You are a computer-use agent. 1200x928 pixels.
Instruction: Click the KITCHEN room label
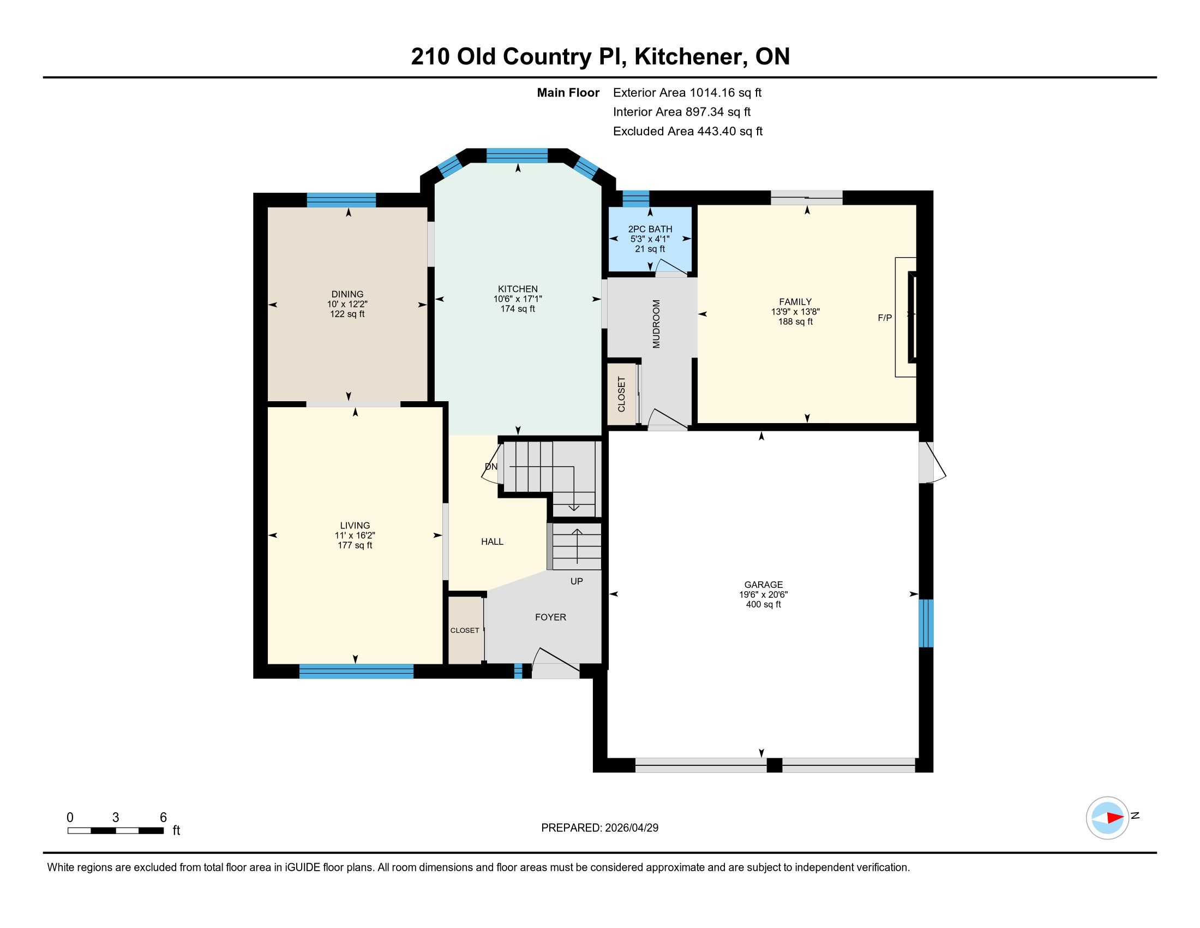(x=518, y=289)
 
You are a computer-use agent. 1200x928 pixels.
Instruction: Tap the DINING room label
(x=347, y=294)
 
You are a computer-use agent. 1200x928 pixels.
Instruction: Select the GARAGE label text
(x=763, y=585)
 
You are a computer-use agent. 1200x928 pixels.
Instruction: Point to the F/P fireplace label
(x=885, y=318)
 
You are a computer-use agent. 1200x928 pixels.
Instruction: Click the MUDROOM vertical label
(x=656, y=324)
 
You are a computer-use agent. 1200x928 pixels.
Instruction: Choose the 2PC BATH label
(x=650, y=229)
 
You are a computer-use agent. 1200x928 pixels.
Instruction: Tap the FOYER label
(x=550, y=617)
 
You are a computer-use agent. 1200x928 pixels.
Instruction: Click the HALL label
(x=493, y=542)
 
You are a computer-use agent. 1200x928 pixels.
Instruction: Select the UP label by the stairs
(x=577, y=581)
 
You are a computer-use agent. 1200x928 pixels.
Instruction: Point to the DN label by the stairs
(x=491, y=467)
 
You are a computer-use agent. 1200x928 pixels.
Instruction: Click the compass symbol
(x=1107, y=818)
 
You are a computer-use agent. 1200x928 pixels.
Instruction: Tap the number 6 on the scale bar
(x=163, y=818)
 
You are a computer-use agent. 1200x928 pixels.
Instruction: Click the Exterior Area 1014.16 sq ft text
(x=687, y=92)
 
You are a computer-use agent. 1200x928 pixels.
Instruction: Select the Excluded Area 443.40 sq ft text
(x=688, y=131)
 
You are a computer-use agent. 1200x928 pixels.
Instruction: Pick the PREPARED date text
(x=599, y=828)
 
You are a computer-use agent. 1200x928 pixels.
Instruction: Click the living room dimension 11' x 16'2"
(x=355, y=536)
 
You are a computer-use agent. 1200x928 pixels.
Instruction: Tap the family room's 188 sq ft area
(x=795, y=322)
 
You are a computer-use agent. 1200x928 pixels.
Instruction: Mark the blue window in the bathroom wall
(x=635, y=198)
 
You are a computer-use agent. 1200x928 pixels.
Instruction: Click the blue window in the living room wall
(x=356, y=671)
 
